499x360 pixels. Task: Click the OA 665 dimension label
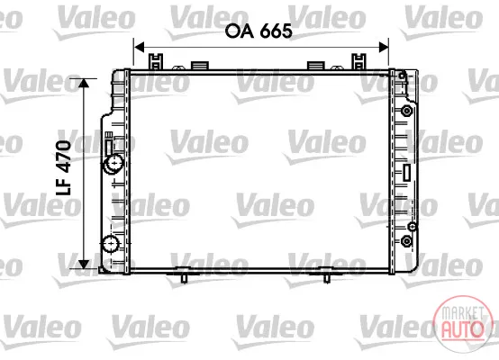(x=259, y=31)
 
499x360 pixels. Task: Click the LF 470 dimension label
(x=64, y=167)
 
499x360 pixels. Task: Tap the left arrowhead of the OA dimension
(x=140, y=48)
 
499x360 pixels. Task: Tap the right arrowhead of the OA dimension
(x=383, y=48)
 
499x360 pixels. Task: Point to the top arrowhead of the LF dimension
(x=84, y=84)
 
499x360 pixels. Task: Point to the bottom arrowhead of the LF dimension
(x=84, y=264)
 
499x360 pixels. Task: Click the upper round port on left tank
(x=113, y=164)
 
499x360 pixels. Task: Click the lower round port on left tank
(x=111, y=244)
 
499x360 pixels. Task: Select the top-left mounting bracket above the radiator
(x=156, y=62)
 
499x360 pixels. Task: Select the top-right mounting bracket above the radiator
(x=358, y=62)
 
